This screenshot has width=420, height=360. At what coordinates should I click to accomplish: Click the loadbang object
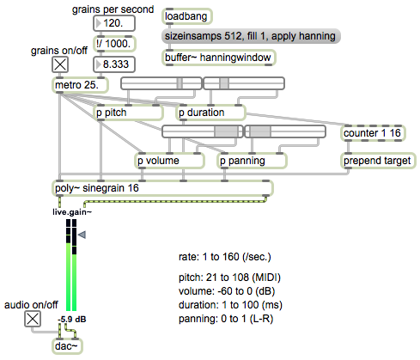coord(187,16)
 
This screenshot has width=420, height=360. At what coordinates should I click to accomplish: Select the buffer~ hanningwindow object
coord(219,58)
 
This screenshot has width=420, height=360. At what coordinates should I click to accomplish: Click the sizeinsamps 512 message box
coord(251,36)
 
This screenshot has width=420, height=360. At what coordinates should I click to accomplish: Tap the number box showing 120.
coord(114,23)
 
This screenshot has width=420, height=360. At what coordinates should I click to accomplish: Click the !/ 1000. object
coord(114,44)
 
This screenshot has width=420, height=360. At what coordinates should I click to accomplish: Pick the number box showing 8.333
coord(114,64)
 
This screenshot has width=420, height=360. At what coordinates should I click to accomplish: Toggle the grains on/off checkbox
coord(60,64)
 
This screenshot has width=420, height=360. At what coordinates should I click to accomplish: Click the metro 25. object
coord(80,85)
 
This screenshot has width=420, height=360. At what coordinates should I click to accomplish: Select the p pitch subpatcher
coord(128,113)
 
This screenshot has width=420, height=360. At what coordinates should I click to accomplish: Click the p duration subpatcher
coord(210,113)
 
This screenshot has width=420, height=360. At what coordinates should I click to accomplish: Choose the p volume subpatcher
coord(169,161)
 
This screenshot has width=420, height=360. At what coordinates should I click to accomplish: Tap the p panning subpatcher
coord(252,161)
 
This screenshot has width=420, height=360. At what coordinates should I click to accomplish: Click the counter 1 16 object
coord(373,133)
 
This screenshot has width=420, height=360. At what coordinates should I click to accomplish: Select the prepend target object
coord(378,161)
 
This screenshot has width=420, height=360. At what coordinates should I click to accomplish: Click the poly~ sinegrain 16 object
coord(162,188)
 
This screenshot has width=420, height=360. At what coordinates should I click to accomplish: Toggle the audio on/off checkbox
coord(33,319)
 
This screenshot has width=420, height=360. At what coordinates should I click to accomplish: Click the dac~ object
coord(67,346)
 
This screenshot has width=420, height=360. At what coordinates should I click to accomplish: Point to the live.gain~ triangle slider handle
coord(82,235)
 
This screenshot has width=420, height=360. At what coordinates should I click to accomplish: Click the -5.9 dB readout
coord(72,319)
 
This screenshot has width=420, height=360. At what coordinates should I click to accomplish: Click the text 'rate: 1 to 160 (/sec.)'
coord(225,257)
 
